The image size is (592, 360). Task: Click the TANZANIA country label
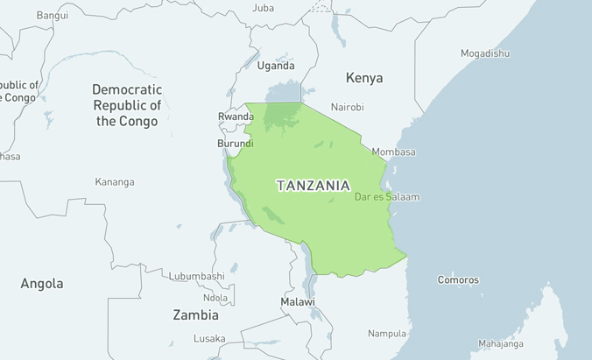(x=314, y=186)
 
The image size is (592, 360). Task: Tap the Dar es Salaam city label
(x=386, y=197)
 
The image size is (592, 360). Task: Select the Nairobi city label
(x=348, y=108)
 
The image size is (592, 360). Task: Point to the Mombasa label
(x=393, y=152)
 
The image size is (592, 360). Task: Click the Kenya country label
(x=364, y=78)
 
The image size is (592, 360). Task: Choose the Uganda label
(x=276, y=66)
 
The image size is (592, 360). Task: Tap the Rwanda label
(x=235, y=116)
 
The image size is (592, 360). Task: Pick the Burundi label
(x=236, y=144)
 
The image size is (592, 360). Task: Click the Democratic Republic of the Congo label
(x=127, y=105)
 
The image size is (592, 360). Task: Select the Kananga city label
(x=115, y=182)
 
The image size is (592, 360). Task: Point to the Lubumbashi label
(x=197, y=276)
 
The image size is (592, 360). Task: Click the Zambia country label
(x=195, y=315)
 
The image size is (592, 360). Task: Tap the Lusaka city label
(x=209, y=339)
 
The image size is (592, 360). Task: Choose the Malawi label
(x=298, y=302)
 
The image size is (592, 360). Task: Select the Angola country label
(x=42, y=284)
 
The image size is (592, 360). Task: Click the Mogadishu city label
(x=485, y=53)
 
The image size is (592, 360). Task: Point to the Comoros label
(x=458, y=280)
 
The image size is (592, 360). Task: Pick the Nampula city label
(x=387, y=334)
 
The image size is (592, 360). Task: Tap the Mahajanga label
(x=501, y=344)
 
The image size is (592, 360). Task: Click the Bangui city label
(x=52, y=15)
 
